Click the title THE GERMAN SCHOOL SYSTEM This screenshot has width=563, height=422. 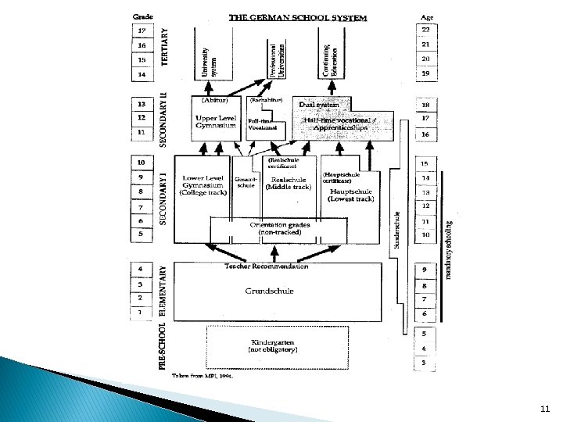[x=297, y=17]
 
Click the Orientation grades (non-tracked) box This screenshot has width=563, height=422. [x=278, y=228]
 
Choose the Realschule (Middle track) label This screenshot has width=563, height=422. [x=288, y=184]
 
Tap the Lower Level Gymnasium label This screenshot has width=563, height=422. [x=203, y=185]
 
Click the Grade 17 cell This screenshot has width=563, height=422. [x=142, y=30]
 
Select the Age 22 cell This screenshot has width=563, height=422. [x=426, y=30]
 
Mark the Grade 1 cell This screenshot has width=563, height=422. [x=141, y=313]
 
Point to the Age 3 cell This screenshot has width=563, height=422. [x=424, y=363]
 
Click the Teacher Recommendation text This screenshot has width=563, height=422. [x=267, y=266]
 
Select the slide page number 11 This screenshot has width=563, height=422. [x=544, y=408]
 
